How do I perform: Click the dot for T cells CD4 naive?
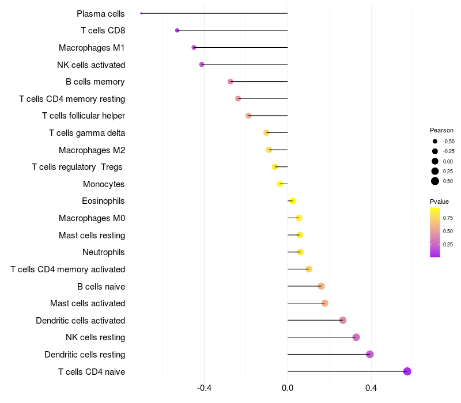tap(407, 371)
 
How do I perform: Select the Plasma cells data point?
tap(141, 13)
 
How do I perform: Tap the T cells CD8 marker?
tap(177, 31)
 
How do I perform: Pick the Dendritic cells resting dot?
tap(370, 354)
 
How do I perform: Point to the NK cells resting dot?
tap(356, 337)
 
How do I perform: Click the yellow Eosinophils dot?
tap(292, 201)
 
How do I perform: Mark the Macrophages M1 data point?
tap(194, 47)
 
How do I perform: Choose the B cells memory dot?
tap(231, 82)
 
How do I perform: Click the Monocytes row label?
tap(104, 184)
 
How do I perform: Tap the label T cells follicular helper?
tap(84, 116)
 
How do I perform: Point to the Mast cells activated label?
tap(88, 303)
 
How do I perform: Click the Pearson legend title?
tap(441, 130)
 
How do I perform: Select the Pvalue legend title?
tap(439, 201)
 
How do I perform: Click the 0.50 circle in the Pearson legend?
tap(434, 181)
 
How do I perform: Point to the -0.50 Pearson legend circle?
tap(434, 141)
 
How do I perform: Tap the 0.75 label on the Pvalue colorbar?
tap(448, 218)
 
